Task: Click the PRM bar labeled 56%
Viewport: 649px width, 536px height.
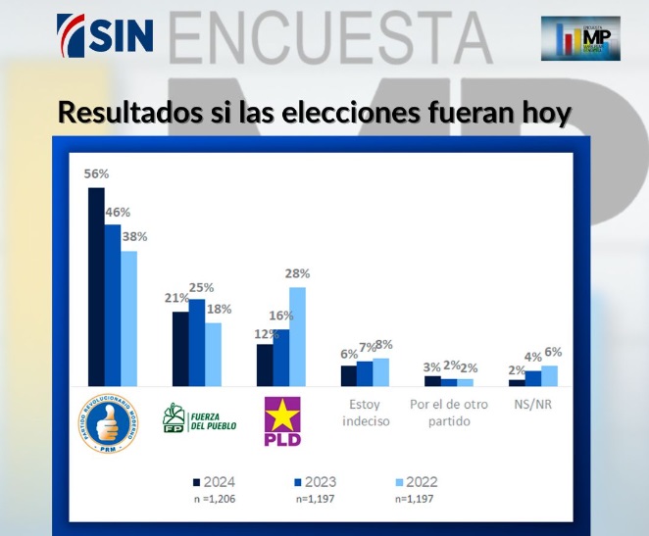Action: pyautogui.click(x=96, y=286)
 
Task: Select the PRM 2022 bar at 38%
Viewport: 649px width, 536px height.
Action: pyautogui.click(x=128, y=318)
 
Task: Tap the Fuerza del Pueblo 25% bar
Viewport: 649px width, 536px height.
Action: pyautogui.click(x=197, y=342)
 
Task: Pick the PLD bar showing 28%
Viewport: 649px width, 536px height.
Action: pyautogui.click(x=297, y=336)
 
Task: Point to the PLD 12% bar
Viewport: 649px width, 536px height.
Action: pyautogui.click(x=264, y=365)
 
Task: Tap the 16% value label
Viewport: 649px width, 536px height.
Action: pyautogui.click(x=281, y=317)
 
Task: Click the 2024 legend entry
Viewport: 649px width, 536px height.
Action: pyautogui.click(x=214, y=481)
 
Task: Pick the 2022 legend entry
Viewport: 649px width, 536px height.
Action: pyautogui.click(x=414, y=481)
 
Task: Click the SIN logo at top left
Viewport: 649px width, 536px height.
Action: pyautogui.click(x=105, y=34)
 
